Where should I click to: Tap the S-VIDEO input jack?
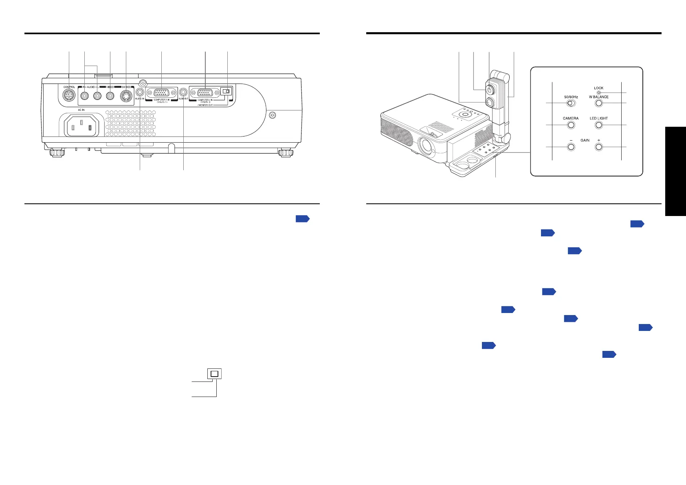[126, 96]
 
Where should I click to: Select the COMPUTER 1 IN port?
[162, 93]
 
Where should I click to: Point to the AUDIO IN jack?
[140, 93]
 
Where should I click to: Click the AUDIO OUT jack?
[183, 93]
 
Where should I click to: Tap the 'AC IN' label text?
[81, 110]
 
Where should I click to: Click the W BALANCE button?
[598, 103]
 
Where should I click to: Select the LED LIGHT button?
[598, 125]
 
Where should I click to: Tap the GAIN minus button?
[571, 147]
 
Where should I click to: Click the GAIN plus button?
[598, 147]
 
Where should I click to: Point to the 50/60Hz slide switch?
[571, 103]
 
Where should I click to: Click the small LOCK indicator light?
[598, 93]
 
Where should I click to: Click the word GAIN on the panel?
[585, 140]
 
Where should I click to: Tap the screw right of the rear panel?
[273, 116]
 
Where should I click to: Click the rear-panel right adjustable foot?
[285, 153]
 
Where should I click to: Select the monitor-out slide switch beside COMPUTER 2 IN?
[226, 91]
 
